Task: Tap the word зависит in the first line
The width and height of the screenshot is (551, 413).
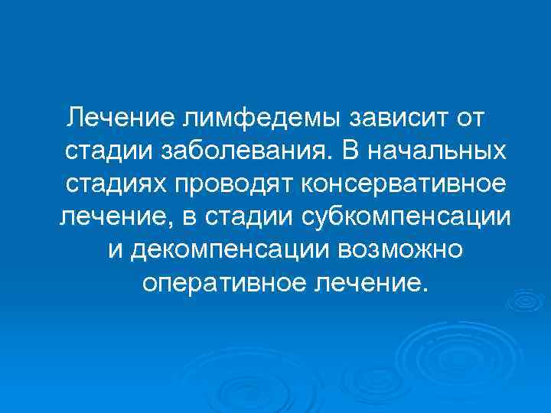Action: click(x=395, y=118)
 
